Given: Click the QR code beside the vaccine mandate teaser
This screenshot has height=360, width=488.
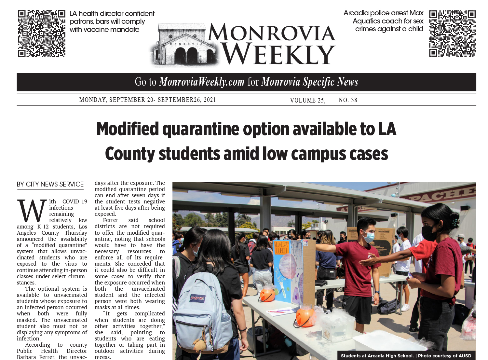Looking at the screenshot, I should click(x=41, y=34).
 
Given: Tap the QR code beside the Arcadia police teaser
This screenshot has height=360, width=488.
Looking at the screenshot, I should click(x=452, y=33).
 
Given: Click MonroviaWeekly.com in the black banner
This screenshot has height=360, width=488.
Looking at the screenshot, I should click(x=201, y=82).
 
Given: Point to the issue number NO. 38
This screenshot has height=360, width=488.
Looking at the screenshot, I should click(x=348, y=100).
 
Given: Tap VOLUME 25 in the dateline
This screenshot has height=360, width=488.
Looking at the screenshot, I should click(x=307, y=100).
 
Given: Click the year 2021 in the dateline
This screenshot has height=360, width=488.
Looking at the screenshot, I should click(x=210, y=100).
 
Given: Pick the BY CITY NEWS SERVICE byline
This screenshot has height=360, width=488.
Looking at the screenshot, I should click(x=50, y=184).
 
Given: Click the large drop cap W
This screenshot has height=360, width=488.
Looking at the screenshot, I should click(x=32, y=211).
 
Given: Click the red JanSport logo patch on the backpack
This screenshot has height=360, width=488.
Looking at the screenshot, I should click(x=197, y=298).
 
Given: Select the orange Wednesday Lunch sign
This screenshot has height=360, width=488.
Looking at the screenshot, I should click(x=281, y=247).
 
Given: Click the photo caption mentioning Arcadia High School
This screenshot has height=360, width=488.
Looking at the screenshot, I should click(x=406, y=356).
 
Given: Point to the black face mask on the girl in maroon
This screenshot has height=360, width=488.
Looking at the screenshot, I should click(x=428, y=233).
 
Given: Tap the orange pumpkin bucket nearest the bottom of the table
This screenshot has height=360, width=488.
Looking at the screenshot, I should click(x=305, y=317).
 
